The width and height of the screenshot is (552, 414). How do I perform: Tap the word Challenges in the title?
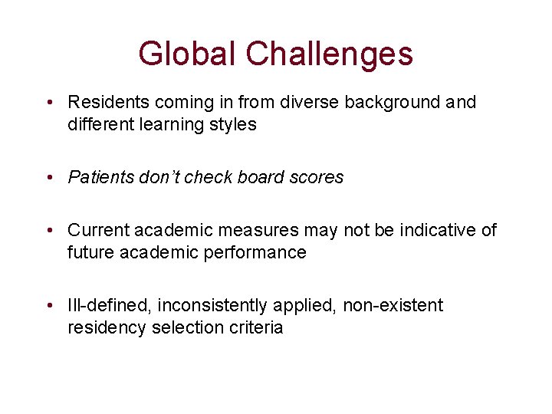(330, 54)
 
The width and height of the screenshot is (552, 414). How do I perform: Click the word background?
(366, 102)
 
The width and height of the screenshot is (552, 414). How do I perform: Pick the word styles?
(233, 124)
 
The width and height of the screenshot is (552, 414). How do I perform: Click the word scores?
(315, 177)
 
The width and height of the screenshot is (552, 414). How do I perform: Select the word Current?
(97, 230)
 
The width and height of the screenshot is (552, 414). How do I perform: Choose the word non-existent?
(393, 305)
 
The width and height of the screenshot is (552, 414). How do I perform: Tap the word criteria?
(255, 327)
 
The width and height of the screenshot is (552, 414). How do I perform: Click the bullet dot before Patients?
(48, 178)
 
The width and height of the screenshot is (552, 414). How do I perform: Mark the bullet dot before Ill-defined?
(48, 306)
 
